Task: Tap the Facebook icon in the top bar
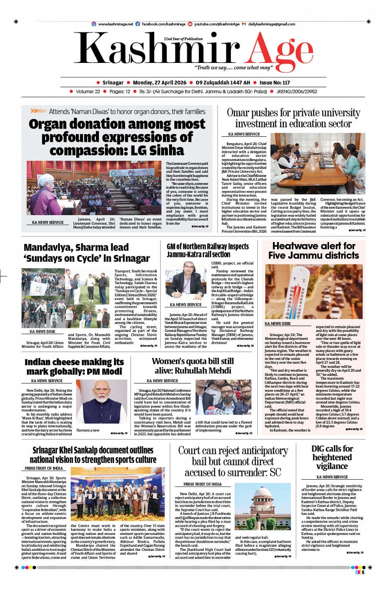(138, 24)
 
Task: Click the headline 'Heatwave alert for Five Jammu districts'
(314, 250)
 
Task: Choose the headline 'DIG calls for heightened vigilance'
(332, 457)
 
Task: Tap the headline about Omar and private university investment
(293, 118)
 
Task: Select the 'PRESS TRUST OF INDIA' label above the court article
(203, 484)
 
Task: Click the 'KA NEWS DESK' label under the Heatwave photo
(277, 323)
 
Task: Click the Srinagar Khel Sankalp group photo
(118, 494)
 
